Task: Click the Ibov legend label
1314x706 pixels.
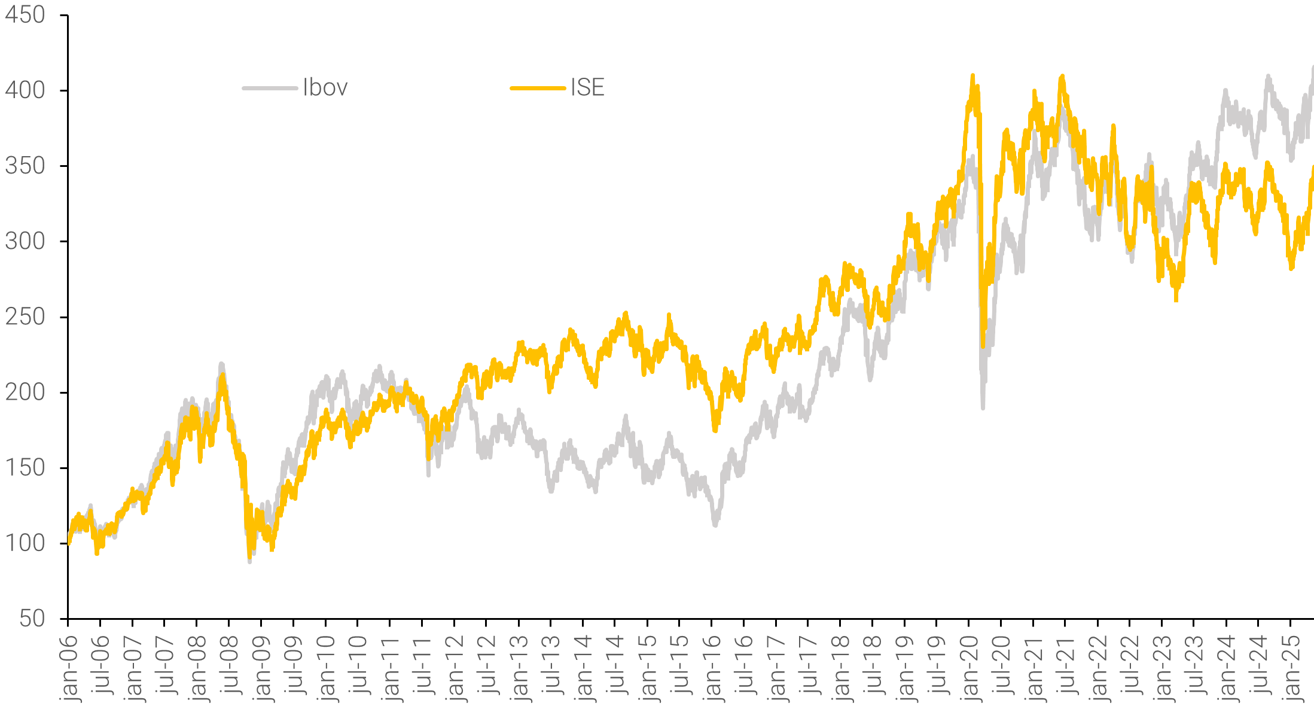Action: click(325, 88)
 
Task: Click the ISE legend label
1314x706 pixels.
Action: click(587, 88)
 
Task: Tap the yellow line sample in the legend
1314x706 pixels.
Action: click(537, 89)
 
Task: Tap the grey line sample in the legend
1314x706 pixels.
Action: click(270, 89)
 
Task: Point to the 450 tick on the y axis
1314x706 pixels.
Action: click(25, 15)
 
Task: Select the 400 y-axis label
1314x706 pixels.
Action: click(25, 90)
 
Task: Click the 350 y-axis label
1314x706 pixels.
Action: click(25, 166)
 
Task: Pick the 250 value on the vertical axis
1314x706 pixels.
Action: click(25, 317)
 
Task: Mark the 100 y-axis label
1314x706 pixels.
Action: click(25, 543)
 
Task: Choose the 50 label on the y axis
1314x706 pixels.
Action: click(32, 619)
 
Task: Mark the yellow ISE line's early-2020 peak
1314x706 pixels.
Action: click(972, 76)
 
